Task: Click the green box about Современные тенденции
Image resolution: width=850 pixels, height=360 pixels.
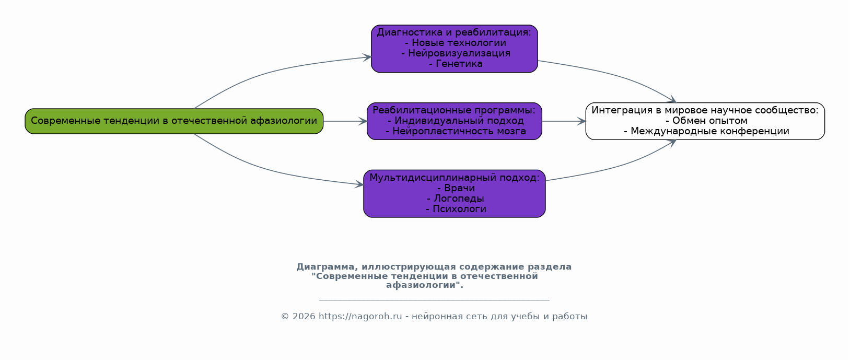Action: pos(174,121)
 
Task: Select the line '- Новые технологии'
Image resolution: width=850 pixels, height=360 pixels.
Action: pos(456,43)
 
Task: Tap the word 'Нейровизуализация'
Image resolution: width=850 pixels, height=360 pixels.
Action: pos(459,53)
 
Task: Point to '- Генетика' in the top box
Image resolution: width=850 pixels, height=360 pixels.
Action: pos(456,64)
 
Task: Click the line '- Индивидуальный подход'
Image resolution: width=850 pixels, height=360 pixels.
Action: pos(456,121)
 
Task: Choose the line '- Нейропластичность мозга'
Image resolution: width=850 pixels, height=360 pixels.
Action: pos(456,131)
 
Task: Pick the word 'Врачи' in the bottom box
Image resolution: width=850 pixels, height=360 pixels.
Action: pos(459,188)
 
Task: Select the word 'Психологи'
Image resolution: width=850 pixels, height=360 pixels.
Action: pos(459,209)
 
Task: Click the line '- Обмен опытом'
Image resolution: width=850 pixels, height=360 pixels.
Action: pos(706,121)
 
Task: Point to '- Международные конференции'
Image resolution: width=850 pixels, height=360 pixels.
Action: pos(706,131)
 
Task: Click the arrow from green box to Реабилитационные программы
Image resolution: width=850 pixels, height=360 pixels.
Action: pos(345,121)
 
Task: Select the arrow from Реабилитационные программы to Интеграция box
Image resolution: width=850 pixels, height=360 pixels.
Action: pos(564,121)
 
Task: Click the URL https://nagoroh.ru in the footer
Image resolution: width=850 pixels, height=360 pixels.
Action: pos(360,317)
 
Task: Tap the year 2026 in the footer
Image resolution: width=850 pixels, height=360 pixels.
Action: pos(304,317)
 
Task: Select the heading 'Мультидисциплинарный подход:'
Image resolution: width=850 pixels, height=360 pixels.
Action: pos(455,178)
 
